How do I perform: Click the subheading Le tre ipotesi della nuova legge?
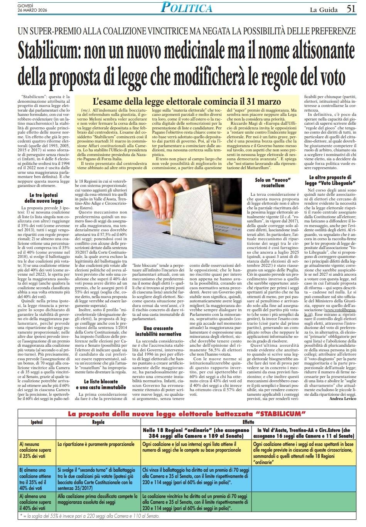click(x=44, y=198)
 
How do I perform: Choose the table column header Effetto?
click(x=248, y=422)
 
